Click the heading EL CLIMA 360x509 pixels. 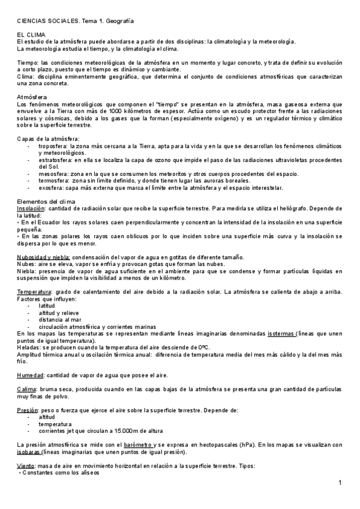tap(30, 36)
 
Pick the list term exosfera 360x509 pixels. tap(52, 187)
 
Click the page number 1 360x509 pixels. tap(340, 483)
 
